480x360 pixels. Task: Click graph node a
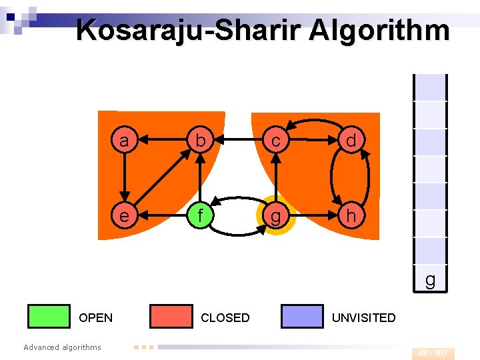123,140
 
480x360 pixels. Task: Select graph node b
199,140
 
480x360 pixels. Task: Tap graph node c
275,140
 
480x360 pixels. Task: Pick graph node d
351,140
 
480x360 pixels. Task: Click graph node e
123,216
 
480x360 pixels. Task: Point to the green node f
199,216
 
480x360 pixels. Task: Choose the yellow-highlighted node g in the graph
275,216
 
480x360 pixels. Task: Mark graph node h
351,216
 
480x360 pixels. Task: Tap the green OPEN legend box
49,317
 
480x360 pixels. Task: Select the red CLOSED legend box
171,317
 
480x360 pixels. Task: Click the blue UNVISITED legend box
302,317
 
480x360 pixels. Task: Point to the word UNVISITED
363,318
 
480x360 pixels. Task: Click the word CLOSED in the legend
225,318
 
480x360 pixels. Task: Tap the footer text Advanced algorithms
62,347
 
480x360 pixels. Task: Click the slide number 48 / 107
433,353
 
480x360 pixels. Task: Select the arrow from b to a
161,140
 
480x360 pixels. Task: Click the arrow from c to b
237,140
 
